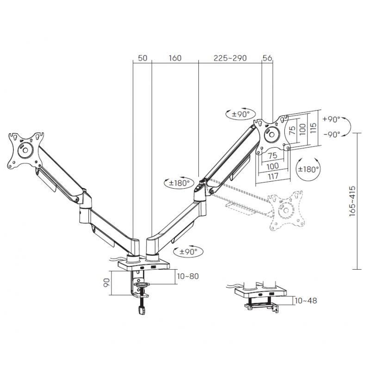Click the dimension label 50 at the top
click(x=142, y=58)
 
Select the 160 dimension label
click(x=175, y=58)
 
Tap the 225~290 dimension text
click(x=230, y=58)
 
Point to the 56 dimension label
click(x=267, y=58)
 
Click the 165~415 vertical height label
click(x=352, y=201)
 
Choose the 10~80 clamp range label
click(x=188, y=276)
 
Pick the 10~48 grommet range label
click(x=306, y=301)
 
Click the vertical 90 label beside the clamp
click(x=107, y=283)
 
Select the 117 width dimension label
click(x=273, y=176)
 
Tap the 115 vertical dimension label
click(x=313, y=128)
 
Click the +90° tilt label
click(x=331, y=119)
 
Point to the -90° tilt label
click(x=332, y=134)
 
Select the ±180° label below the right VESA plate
click(x=308, y=169)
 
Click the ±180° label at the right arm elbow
click(x=179, y=182)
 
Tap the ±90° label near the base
click(x=188, y=252)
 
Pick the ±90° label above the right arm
click(x=240, y=114)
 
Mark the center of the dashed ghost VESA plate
click(x=286, y=210)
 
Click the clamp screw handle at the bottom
click(x=142, y=310)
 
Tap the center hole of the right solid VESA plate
click(x=271, y=135)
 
